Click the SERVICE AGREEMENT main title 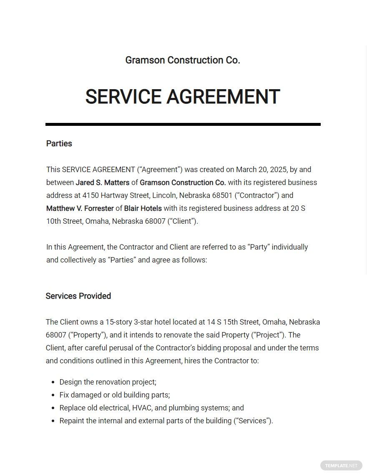[x=183, y=97]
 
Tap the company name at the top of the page [x=183, y=60]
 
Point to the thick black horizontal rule [x=183, y=124]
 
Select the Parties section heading [x=59, y=144]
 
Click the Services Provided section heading [x=78, y=296]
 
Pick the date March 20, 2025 [x=261, y=170]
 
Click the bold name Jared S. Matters [x=102, y=182]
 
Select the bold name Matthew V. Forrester [x=80, y=208]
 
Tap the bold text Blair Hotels [x=143, y=208]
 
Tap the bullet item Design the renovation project [x=108, y=382]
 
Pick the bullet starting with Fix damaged [x=114, y=395]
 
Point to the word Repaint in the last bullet [x=72, y=421]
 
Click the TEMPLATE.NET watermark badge [x=341, y=465]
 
